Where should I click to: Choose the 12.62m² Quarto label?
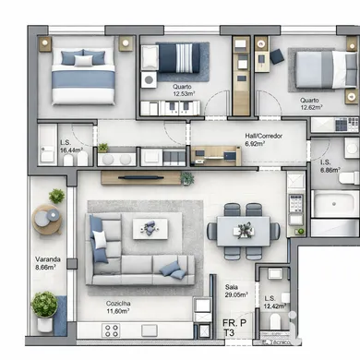pyautogui.click(x=311, y=102)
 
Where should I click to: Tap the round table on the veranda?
pyautogui.click(x=47, y=220)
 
